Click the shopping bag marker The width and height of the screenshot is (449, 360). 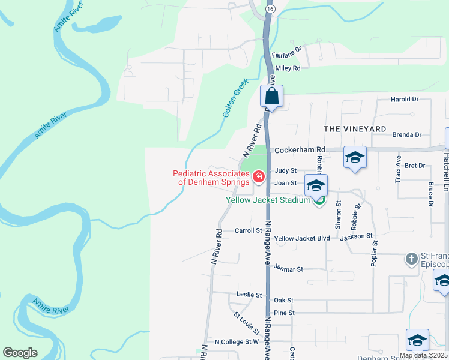click(x=271, y=96)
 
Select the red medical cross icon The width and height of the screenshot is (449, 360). click(x=259, y=176)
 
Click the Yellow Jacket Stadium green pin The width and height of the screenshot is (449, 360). click(x=320, y=200)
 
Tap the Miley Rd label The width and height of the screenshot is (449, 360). click(x=288, y=68)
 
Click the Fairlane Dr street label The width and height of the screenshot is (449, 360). click(x=286, y=53)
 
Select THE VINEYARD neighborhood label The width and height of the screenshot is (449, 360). click(x=355, y=129)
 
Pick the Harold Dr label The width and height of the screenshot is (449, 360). click(x=404, y=99)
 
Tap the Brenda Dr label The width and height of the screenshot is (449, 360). click(x=407, y=135)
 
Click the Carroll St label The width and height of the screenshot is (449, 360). click(x=249, y=230)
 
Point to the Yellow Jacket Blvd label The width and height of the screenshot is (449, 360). click(x=302, y=238)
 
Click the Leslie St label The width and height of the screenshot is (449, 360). click(x=250, y=295)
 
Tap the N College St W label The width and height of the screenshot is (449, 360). click(x=237, y=341)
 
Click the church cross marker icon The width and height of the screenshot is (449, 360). click(x=411, y=259)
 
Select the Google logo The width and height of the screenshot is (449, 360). click(x=20, y=353)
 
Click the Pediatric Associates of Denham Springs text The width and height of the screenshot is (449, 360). click(x=211, y=178)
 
